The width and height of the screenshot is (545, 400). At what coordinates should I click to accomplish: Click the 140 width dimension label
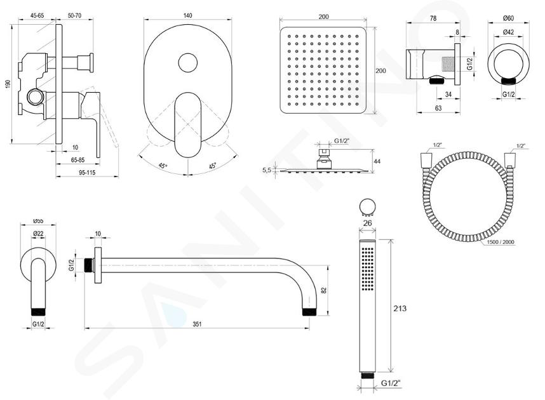187,15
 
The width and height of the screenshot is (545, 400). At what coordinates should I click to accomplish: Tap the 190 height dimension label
8,84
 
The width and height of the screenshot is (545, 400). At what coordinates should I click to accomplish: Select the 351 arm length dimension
197,324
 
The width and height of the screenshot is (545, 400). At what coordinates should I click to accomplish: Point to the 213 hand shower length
400,308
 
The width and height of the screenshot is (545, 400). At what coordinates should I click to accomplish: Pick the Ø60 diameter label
508,18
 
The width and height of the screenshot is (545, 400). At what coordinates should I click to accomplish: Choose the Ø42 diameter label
508,32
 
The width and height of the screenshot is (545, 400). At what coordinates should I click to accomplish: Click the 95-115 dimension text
86,172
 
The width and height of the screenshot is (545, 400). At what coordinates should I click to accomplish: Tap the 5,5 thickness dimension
267,170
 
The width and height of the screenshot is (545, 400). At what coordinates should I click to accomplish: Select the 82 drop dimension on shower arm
324,290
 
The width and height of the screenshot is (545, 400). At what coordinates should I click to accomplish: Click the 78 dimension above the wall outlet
433,18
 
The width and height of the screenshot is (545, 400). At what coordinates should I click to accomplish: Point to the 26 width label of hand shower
367,223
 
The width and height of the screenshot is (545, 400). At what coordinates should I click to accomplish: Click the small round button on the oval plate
187,63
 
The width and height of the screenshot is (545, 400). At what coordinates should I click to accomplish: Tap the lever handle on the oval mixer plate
187,124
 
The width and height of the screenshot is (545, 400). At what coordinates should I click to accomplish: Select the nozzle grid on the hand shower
368,269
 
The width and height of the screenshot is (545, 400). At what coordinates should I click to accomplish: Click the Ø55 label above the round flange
38,221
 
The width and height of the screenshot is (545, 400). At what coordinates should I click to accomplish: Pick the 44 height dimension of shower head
377,161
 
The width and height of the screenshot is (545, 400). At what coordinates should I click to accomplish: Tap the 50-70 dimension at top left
74,15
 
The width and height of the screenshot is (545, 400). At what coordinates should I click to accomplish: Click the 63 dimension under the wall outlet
438,108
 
